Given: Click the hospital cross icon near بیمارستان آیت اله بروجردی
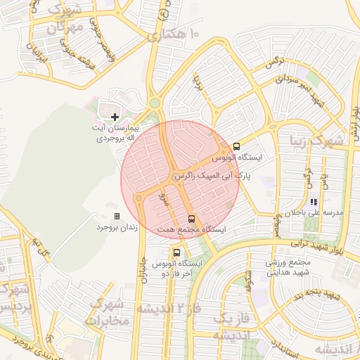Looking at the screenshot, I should tap(115, 116).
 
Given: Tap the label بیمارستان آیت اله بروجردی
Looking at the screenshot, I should tap(119, 134).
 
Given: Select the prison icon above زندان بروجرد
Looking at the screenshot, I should tap(117, 216).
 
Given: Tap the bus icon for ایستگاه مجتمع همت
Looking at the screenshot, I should tap(191, 218).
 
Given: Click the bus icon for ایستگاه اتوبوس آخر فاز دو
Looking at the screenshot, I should tap(176, 252).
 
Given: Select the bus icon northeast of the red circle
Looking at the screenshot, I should tap(236, 146).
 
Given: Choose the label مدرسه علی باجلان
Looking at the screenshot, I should tap(318, 212).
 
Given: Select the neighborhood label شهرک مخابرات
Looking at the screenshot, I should tap(107, 312).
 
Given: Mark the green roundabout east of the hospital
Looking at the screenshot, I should tap(154, 103).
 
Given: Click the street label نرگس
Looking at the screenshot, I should tap(272, 63).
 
